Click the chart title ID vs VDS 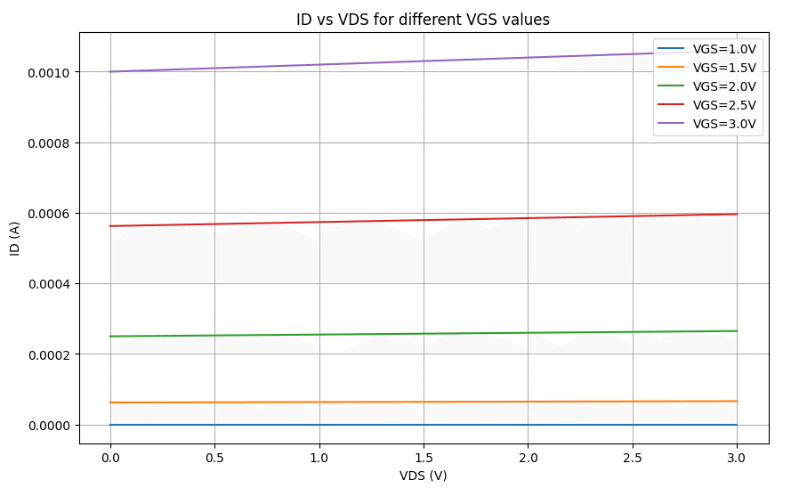(424, 19)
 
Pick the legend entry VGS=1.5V (724, 67)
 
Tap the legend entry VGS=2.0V (724, 86)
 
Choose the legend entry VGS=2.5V (724, 105)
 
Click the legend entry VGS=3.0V (724, 124)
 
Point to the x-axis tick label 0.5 (214, 457)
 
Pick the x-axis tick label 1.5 (424, 457)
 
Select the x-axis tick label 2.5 (633, 457)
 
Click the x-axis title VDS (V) (424, 476)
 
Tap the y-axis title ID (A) (15, 238)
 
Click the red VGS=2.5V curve (424, 220)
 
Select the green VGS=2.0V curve (424, 334)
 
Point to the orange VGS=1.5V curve (424, 402)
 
